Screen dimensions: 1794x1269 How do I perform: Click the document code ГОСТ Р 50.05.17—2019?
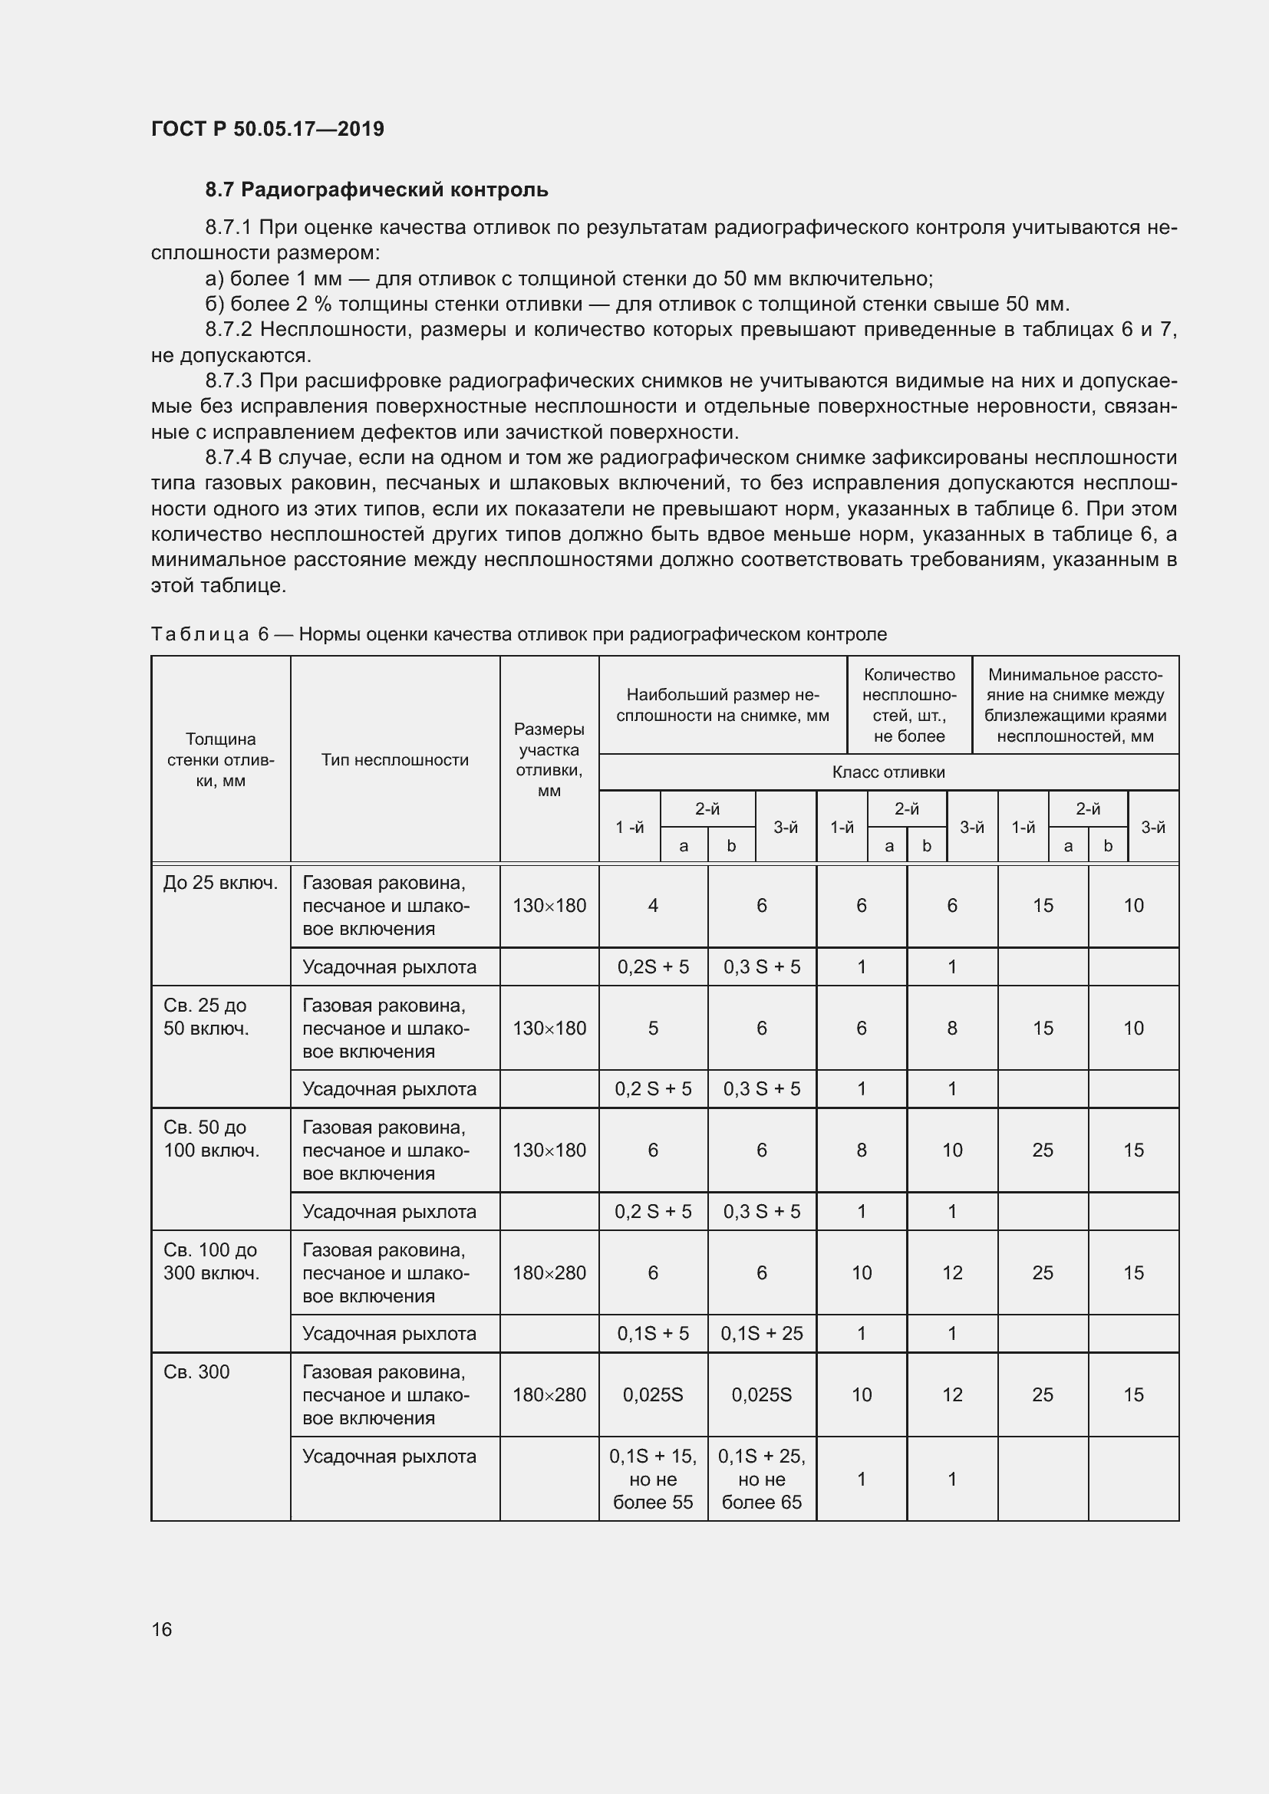pos(267,129)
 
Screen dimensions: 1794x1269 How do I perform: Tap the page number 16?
pos(162,1629)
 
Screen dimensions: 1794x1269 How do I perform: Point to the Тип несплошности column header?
pos(394,759)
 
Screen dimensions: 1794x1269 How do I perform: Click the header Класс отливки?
pos(888,772)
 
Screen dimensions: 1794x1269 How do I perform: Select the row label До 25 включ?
pos(220,883)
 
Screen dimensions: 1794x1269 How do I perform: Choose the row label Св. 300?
pos(196,1372)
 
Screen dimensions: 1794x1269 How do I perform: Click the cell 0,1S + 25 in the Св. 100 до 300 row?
pos(761,1334)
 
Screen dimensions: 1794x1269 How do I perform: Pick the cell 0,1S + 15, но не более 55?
pos(652,1479)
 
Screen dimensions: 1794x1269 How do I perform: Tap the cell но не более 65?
pos(761,1491)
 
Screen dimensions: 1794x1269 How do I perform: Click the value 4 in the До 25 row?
pos(652,906)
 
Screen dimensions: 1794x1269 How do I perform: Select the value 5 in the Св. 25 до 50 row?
pos(652,1029)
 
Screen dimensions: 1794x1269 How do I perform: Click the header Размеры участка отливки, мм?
pos(549,759)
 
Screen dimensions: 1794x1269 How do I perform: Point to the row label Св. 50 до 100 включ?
pos(211,1138)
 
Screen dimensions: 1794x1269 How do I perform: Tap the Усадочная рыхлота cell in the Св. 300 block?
pos(389,1457)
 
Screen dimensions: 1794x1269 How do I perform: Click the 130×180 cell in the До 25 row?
pos(549,906)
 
